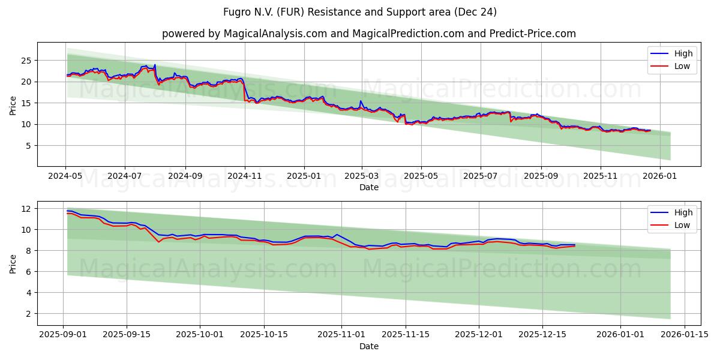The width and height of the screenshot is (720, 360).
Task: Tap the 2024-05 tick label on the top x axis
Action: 65,177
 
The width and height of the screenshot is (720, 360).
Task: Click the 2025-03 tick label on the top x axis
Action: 362,177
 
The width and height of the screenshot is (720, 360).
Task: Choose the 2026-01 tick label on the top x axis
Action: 660,177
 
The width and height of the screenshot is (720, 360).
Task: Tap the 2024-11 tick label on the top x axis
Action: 244,177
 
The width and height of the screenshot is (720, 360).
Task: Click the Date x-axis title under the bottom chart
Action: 368,346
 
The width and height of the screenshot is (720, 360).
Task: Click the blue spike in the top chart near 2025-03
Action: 361,101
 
